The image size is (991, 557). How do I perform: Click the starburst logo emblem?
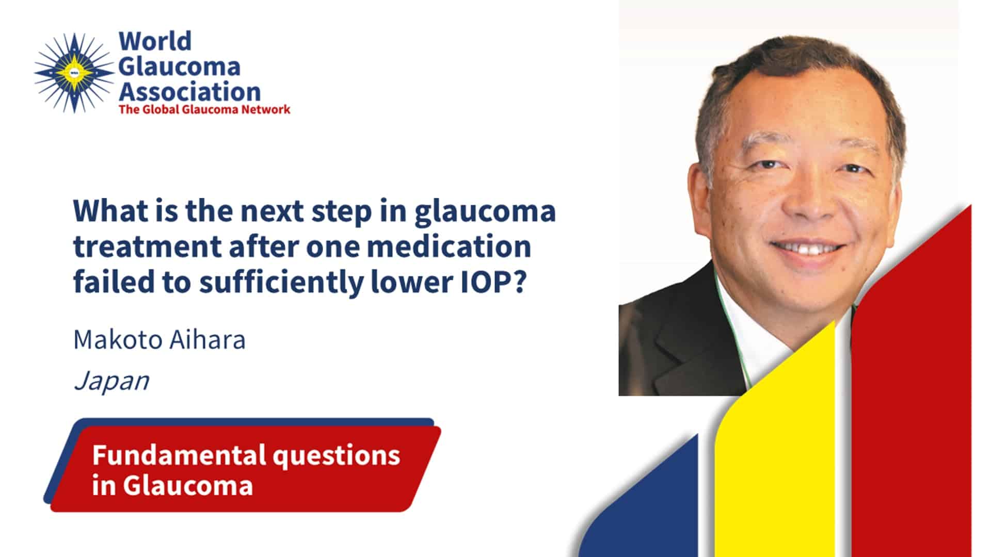(74, 73)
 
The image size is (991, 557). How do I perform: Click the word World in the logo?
(155, 41)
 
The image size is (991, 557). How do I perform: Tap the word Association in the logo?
(189, 92)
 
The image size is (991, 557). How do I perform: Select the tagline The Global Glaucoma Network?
(204, 109)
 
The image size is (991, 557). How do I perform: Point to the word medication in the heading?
(449, 247)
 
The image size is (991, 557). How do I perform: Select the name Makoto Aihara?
(159, 340)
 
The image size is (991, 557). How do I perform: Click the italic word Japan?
(111, 382)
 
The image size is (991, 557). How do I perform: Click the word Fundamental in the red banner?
(179, 455)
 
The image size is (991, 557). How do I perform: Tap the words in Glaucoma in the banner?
(172, 485)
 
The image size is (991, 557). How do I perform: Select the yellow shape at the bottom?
(774, 454)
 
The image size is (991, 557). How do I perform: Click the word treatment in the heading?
(147, 247)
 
